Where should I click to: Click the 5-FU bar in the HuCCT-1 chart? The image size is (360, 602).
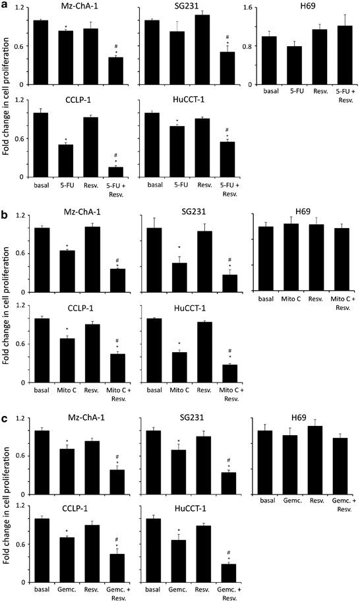pos(176,151)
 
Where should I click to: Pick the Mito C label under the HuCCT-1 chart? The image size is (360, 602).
pos(177,391)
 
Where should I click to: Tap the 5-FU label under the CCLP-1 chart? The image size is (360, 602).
pos(66,186)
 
